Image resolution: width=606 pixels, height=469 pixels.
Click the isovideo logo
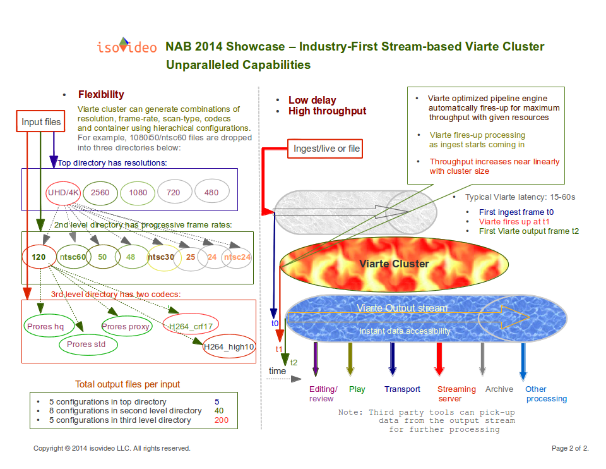(127, 46)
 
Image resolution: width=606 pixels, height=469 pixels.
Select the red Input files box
(40, 121)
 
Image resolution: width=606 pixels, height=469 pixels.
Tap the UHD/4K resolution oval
(63, 192)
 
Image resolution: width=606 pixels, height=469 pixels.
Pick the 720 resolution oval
(174, 192)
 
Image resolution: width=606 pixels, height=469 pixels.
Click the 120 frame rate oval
(39, 257)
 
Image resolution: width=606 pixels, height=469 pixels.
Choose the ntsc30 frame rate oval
(161, 257)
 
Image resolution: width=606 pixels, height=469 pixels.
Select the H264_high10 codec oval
(229, 346)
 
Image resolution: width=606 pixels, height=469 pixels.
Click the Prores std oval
(88, 344)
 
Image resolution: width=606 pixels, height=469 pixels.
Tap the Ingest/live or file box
(325, 149)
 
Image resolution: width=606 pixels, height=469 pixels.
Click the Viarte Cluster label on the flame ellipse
(394, 264)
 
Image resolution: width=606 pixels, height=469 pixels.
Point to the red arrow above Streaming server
(439, 359)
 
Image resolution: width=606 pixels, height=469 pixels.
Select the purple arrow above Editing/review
(316, 359)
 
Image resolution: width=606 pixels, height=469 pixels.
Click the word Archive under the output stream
(499, 389)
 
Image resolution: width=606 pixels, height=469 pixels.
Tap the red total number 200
(222, 420)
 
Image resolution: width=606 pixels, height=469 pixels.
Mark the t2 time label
(294, 363)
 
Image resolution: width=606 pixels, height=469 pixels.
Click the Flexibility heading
(101, 94)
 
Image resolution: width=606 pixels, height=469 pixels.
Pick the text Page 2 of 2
(570, 448)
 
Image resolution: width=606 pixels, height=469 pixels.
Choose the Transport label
(402, 389)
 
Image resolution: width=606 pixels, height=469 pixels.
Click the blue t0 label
(275, 323)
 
